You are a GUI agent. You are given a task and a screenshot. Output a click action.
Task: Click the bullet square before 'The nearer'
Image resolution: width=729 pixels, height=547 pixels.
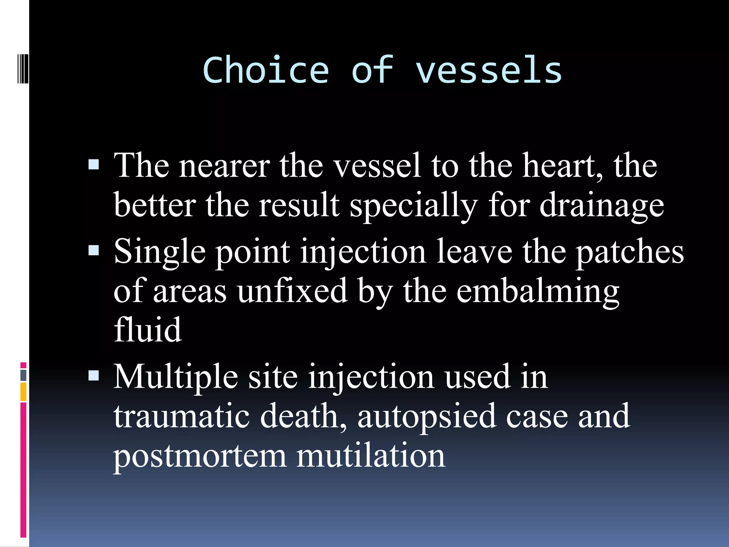click(x=94, y=165)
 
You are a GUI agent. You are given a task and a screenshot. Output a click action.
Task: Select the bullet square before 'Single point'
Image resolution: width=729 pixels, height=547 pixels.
click(x=94, y=250)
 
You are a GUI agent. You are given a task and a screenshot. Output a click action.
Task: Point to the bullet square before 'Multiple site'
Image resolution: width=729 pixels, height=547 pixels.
click(x=94, y=375)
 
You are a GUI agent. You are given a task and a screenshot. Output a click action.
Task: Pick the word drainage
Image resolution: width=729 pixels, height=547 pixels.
click(x=602, y=206)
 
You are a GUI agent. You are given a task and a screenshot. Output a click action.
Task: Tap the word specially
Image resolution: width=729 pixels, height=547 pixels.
click(x=413, y=206)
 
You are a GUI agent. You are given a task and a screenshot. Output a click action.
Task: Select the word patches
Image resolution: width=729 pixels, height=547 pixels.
click(x=630, y=252)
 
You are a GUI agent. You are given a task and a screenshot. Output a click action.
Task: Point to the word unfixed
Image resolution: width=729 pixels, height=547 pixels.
click(x=292, y=291)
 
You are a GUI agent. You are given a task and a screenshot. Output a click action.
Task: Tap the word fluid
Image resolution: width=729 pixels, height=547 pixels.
click(x=148, y=330)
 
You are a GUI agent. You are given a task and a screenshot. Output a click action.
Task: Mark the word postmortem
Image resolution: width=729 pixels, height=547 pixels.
click(x=200, y=457)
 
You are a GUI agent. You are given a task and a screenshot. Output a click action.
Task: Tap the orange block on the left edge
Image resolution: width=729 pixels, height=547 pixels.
click(x=23, y=392)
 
